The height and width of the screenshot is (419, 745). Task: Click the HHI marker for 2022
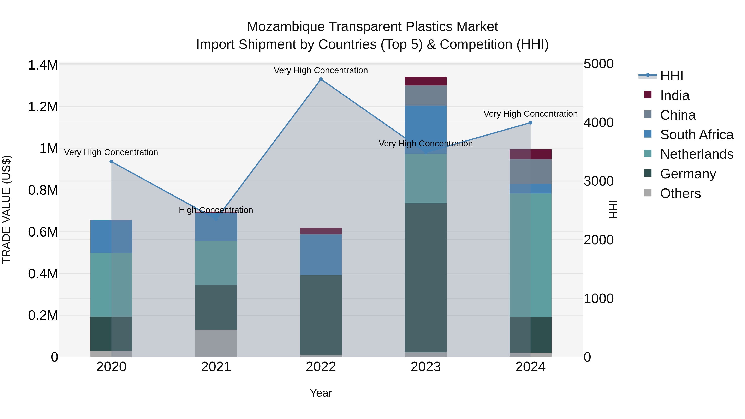click(x=321, y=79)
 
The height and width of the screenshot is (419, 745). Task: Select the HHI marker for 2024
click(x=530, y=123)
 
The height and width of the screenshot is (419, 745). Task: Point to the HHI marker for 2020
click(x=111, y=162)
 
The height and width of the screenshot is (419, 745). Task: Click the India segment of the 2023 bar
click(x=425, y=81)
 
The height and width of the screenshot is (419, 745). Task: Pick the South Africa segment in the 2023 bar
click(x=425, y=130)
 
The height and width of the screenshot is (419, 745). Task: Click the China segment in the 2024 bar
click(x=530, y=172)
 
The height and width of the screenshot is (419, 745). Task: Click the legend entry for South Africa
click(x=696, y=135)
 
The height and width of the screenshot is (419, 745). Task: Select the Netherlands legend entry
click(x=696, y=154)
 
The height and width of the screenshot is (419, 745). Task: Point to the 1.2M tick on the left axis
click(x=43, y=107)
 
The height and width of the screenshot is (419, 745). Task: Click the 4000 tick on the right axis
click(x=598, y=123)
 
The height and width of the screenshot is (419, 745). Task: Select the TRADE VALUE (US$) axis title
click(x=6, y=209)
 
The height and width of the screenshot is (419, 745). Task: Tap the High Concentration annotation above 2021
click(x=216, y=210)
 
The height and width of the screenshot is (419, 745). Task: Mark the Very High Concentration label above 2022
click(x=321, y=71)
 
